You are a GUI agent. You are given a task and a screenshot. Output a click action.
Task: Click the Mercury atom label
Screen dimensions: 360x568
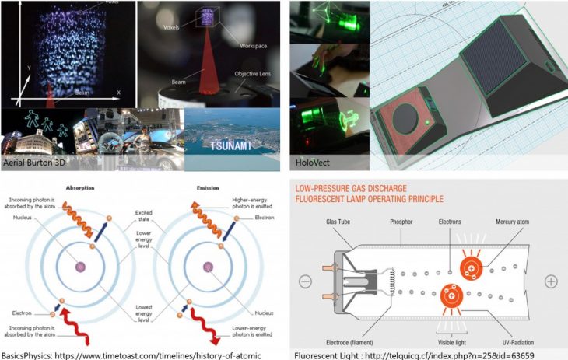point(514,221)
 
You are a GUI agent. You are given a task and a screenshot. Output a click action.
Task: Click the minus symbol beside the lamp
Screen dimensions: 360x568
point(306,281)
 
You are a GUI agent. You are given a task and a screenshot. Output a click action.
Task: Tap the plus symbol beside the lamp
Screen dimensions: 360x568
point(551,281)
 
